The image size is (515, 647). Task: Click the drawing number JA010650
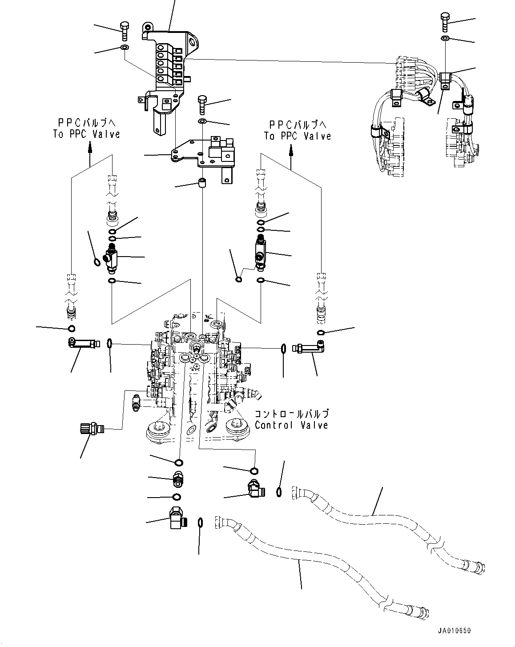[453, 631]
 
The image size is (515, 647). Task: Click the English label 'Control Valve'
[291, 425]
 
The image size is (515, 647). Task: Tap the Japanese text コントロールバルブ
[291, 414]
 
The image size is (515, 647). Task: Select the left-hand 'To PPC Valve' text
[87, 134]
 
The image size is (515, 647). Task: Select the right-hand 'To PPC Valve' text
[298, 136]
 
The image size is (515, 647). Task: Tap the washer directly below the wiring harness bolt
[445, 39]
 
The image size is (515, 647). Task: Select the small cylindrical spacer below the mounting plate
[202, 183]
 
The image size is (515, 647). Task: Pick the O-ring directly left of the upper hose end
[279, 491]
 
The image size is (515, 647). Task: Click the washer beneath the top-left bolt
[125, 47]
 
